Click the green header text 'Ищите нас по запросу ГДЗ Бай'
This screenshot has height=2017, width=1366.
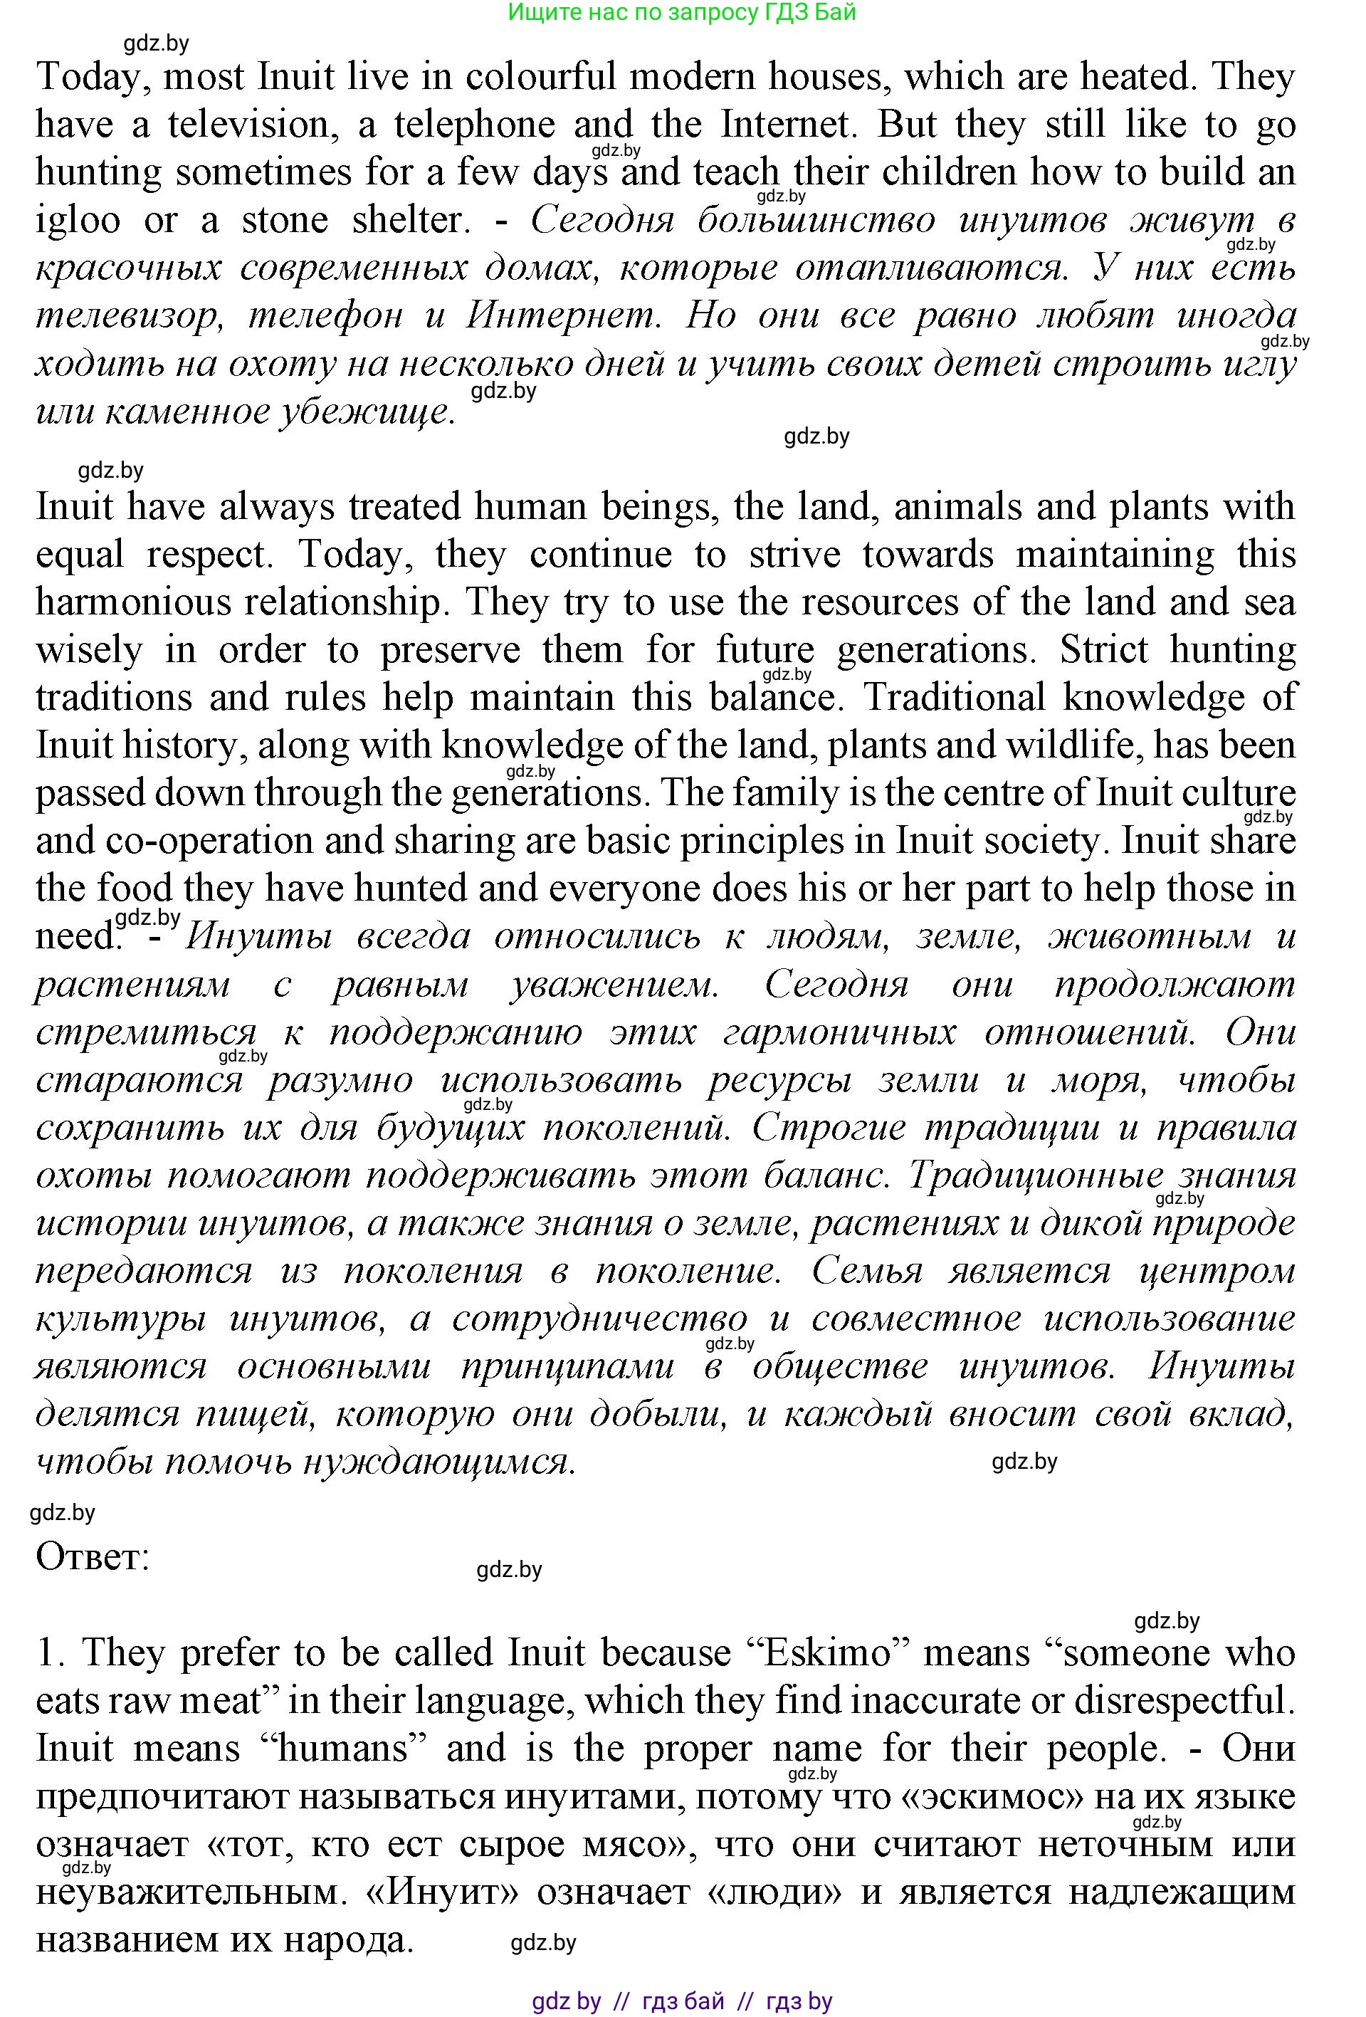[x=682, y=12]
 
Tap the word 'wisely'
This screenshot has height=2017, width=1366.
[x=88, y=650]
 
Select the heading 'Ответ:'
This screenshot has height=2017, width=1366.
[x=93, y=1557]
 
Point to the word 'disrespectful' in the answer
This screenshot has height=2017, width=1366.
[x=1183, y=1701]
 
